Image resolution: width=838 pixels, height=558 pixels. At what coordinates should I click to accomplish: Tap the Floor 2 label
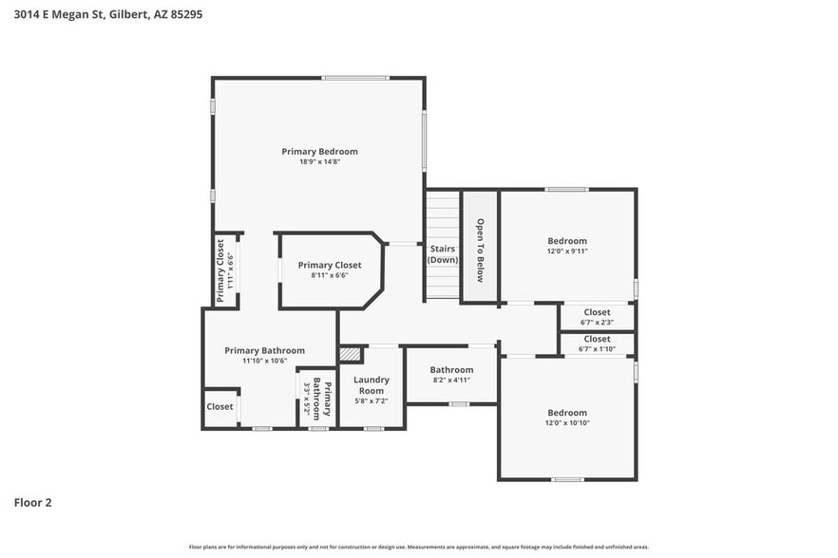click(x=32, y=502)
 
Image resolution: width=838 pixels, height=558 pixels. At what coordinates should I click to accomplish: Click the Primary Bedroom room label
click(x=319, y=151)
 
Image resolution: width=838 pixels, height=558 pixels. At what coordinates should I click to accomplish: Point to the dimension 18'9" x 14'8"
click(x=319, y=162)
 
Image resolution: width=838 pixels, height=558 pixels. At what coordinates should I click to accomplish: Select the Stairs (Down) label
click(x=443, y=254)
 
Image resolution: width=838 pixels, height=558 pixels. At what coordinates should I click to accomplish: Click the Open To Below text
click(x=481, y=251)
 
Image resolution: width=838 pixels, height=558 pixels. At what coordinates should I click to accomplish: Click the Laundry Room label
click(x=371, y=384)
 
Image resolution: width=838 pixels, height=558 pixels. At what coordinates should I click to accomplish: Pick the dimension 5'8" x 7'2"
click(x=371, y=401)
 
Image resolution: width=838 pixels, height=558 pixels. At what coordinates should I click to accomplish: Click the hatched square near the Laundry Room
click(x=351, y=353)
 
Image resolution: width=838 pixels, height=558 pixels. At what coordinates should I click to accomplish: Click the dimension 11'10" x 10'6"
click(x=264, y=361)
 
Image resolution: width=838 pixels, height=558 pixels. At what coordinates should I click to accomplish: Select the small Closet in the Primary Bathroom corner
click(x=219, y=406)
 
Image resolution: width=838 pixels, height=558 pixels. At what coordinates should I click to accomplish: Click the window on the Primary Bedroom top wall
click(x=355, y=78)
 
